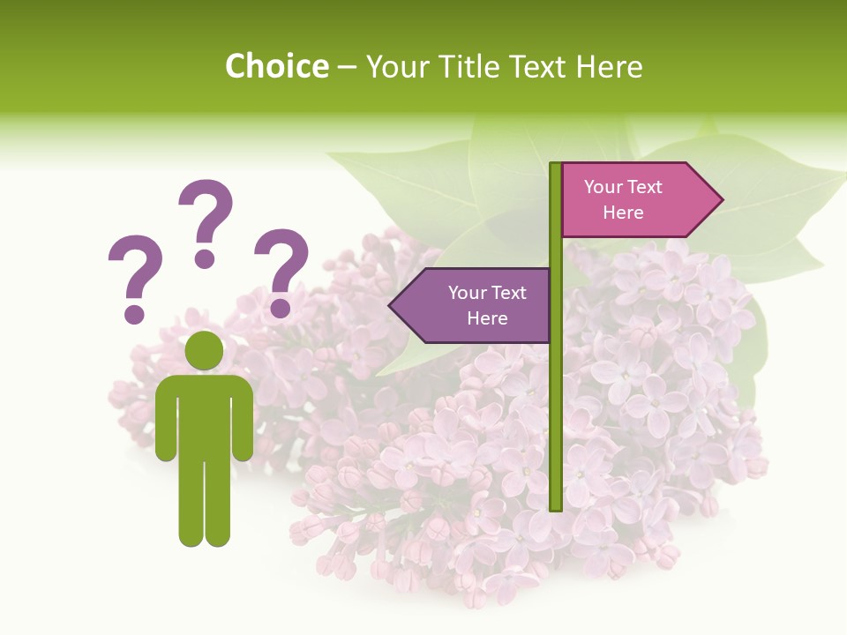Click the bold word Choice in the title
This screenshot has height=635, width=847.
click(276, 66)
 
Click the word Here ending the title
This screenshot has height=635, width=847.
click(609, 66)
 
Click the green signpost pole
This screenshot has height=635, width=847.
click(556, 397)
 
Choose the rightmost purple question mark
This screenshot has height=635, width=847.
click(281, 270)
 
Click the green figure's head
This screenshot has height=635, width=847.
click(204, 350)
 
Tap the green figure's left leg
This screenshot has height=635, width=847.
click(191, 503)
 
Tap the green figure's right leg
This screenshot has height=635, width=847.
click(218, 503)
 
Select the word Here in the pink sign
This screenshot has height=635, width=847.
click(623, 213)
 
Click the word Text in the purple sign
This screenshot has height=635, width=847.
click(508, 293)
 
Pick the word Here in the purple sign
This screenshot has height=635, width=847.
click(487, 318)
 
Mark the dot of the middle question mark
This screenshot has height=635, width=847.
click(206, 258)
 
